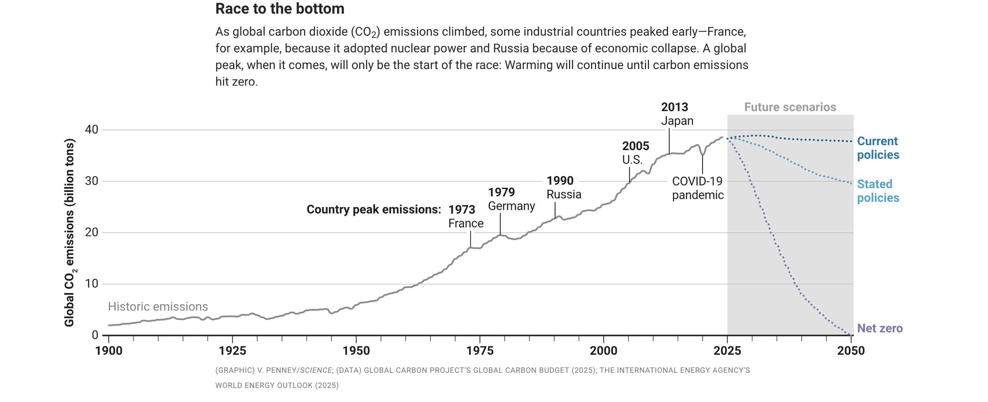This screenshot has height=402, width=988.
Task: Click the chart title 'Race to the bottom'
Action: (x=279, y=9)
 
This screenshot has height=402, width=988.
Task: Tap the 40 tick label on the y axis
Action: (x=92, y=130)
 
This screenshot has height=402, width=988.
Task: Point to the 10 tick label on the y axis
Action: (x=92, y=284)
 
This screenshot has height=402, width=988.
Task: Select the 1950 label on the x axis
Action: (x=356, y=350)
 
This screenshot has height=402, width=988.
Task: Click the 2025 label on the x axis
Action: (x=727, y=350)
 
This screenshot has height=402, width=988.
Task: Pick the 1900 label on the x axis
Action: (x=109, y=350)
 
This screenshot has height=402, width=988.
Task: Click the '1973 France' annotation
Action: (x=465, y=216)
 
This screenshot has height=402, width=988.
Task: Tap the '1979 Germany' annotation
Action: (x=511, y=199)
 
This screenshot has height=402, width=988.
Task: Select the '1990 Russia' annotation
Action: (x=563, y=188)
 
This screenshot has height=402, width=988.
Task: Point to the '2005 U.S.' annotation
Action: (x=635, y=153)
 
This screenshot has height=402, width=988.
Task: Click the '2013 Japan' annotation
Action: (x=677, y=114)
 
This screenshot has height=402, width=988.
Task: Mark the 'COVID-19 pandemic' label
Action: (x=697, y=188)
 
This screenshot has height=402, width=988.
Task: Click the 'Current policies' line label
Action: (x=878, y=148)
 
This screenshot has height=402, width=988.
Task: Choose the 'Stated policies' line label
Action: (x=878, y=191)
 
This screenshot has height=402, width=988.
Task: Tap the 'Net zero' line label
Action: (x=880, y=328)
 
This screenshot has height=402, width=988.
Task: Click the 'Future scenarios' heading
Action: (x=790, y=107)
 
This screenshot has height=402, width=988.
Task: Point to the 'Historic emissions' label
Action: (x=158, y=306)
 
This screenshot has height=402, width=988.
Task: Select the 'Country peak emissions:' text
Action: (x=373, y=209)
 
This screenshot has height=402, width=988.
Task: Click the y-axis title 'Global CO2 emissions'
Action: (x=69, y=233)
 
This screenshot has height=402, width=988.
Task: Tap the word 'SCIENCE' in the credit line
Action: (x=316, y=371)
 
